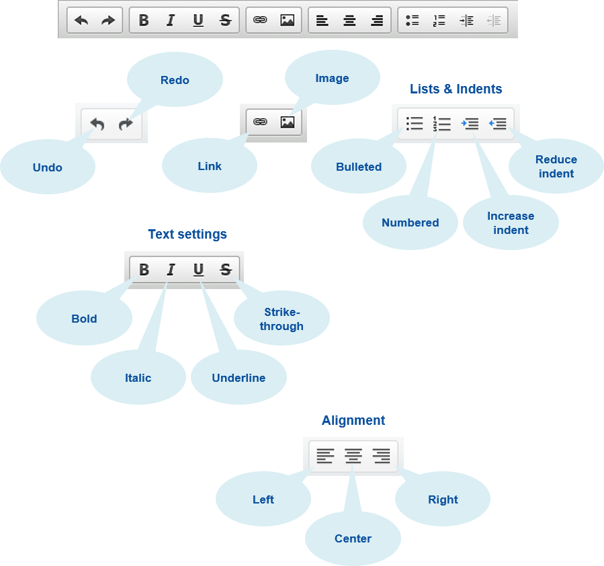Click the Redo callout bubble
click(x=175, y=80)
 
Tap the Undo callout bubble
click(x=48, y=167)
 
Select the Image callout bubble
click(x=332, y=78)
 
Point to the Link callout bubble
click(x=210, y=166)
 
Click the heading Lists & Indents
click(x=456, y=89)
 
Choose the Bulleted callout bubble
click(x=359, y=167)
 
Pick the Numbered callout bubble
click(x=410, y=223)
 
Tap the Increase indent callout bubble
click(x=511, y=223)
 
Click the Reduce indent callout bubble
click(x=556, y=166)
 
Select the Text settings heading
click(x=187, y=235)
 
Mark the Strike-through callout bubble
click(x=283, y=319)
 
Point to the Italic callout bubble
click(x=138, y=378)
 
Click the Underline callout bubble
click(x=239, y=378)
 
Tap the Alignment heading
click(x=353, y=421)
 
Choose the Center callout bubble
click(x=353, y=538)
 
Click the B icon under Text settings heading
click(x=144, y=270)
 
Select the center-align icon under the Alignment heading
click(x=353, y=456)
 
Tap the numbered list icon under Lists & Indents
click(x=441, y=124)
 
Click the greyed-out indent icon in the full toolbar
click(x=494, y=21)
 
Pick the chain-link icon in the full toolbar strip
click(x=260, y=21)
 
